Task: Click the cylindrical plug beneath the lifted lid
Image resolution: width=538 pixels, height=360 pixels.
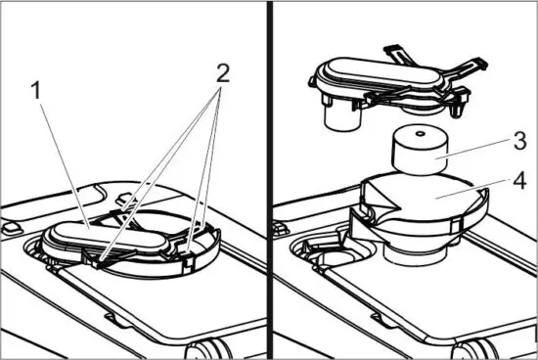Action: [x=342, y=116]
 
